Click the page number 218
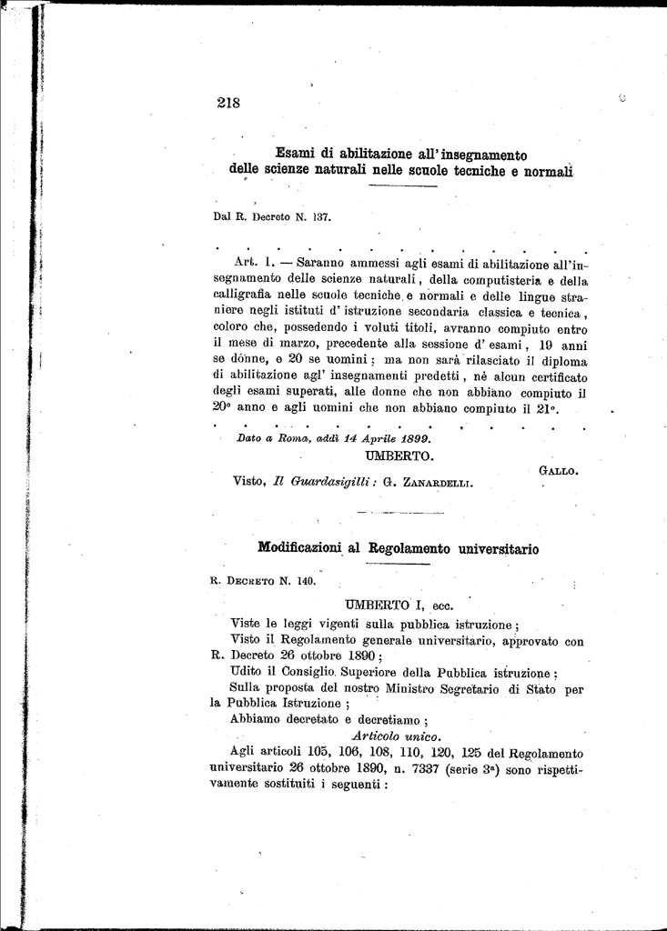click(228, 103)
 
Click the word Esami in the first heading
click(295, 154)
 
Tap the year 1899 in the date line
click(411, 436)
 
